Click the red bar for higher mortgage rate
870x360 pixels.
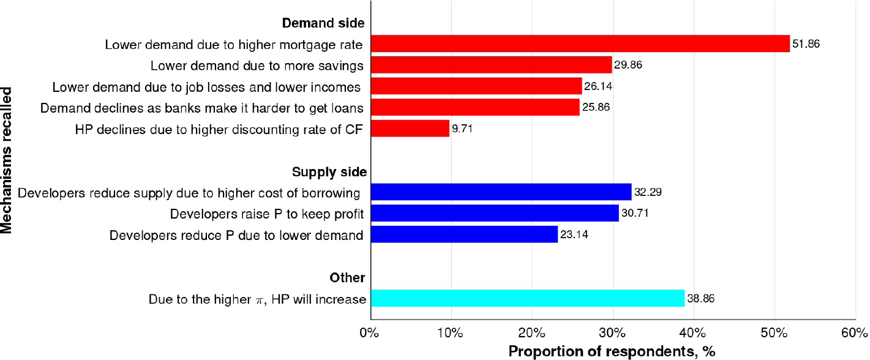coord(580,43)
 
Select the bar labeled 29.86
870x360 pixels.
coord(491,65)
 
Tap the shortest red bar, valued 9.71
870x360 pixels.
coord(410,129)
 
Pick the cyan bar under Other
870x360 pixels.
coord(527,298)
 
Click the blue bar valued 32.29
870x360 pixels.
coord(501,192)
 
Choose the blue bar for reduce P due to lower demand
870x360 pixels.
coord(464,234)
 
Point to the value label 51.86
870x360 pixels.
coord(806,44)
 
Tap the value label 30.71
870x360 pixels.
coord(635,214)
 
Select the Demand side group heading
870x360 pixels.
coord(323,23)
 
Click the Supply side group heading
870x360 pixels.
coord(329,172)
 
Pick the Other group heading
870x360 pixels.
coord(347,278)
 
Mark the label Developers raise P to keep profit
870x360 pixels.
coord(267,214)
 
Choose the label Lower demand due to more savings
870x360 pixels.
coord(257,66)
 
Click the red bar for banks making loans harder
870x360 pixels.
coord(474,107)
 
